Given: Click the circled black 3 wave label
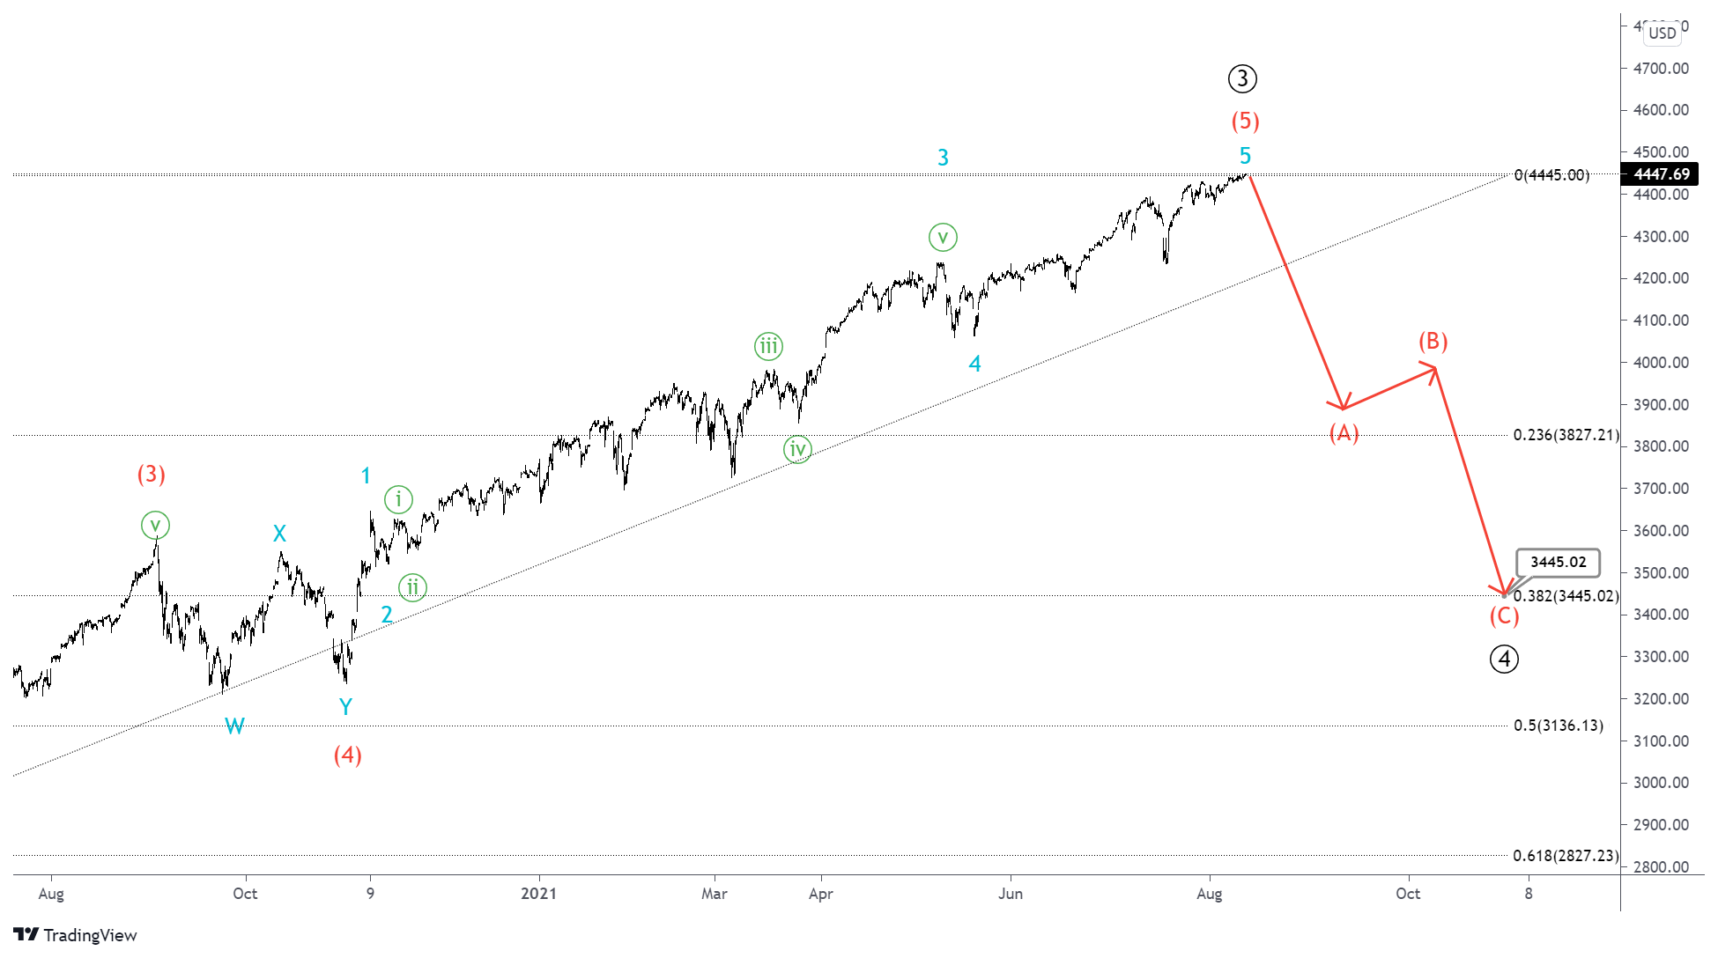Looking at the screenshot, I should (1242, 79).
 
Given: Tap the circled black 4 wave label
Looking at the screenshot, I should (1504, 659).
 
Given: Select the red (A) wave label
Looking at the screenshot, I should (1344, 432).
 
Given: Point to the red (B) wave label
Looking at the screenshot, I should (1433, 341).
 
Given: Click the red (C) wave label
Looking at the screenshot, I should (1504, 615).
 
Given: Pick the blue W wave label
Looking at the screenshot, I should (234, 726).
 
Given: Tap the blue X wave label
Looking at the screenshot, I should (279, 534).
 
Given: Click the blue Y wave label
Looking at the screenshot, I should (345, 706).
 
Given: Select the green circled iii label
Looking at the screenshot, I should (768, 346).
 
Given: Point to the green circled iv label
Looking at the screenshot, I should (797, 450).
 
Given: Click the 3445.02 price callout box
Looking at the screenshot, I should (1558, 562).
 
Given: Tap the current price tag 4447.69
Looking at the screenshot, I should (1661, 174).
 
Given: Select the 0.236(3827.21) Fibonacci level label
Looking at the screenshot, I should (1566, 435).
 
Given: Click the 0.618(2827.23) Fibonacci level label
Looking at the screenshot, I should (1566, 856).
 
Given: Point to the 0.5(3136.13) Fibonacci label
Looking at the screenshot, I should (1558, 726).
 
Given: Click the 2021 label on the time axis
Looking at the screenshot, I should (538, 894).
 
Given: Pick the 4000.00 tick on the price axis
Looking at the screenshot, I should (1661, 363).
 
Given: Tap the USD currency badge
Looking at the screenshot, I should (1662, 33).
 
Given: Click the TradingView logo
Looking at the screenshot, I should (76, 935).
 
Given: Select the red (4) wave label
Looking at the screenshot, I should (347, 755).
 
